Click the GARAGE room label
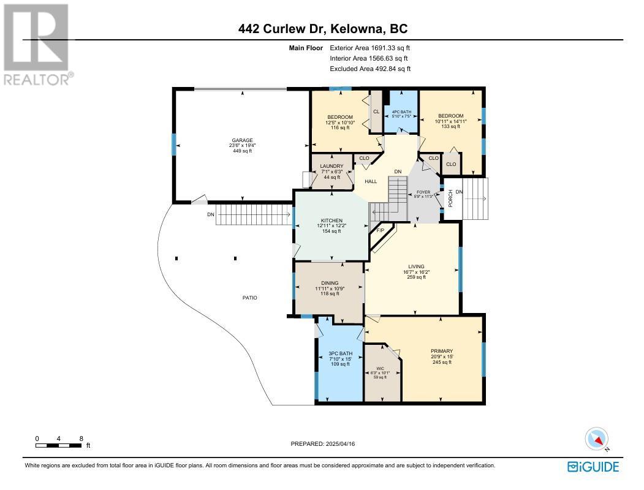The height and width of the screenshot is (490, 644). [x=242, y=140]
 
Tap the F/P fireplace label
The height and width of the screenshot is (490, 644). [x=381, y=230]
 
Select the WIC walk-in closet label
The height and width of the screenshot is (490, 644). [x=381, y=369]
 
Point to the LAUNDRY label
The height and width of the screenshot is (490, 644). [x=332, y=166]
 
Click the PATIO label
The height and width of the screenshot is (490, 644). [x=250, y=298]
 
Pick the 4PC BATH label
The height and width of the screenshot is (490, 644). [x=402, y=112]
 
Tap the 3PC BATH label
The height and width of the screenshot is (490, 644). [x=341, y=353]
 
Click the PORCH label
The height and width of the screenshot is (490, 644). [x=450, y=198]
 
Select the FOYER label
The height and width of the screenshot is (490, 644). [x=423, y=192]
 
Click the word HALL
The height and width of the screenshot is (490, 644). [x=371, y=181]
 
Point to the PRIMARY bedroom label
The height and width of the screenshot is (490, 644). [x=442, y=351]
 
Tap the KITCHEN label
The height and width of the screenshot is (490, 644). [x=332, y=221]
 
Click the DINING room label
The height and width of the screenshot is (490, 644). [x=330, y=283]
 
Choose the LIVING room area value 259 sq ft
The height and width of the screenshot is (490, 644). [x=417, y=277]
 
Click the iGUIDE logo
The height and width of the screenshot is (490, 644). [x=593, y=467]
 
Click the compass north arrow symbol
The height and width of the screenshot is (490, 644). [x=597, y=439]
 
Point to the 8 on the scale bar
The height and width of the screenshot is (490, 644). [x=81, y=439]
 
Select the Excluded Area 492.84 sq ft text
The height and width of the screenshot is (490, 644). [x=370, y=69]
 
